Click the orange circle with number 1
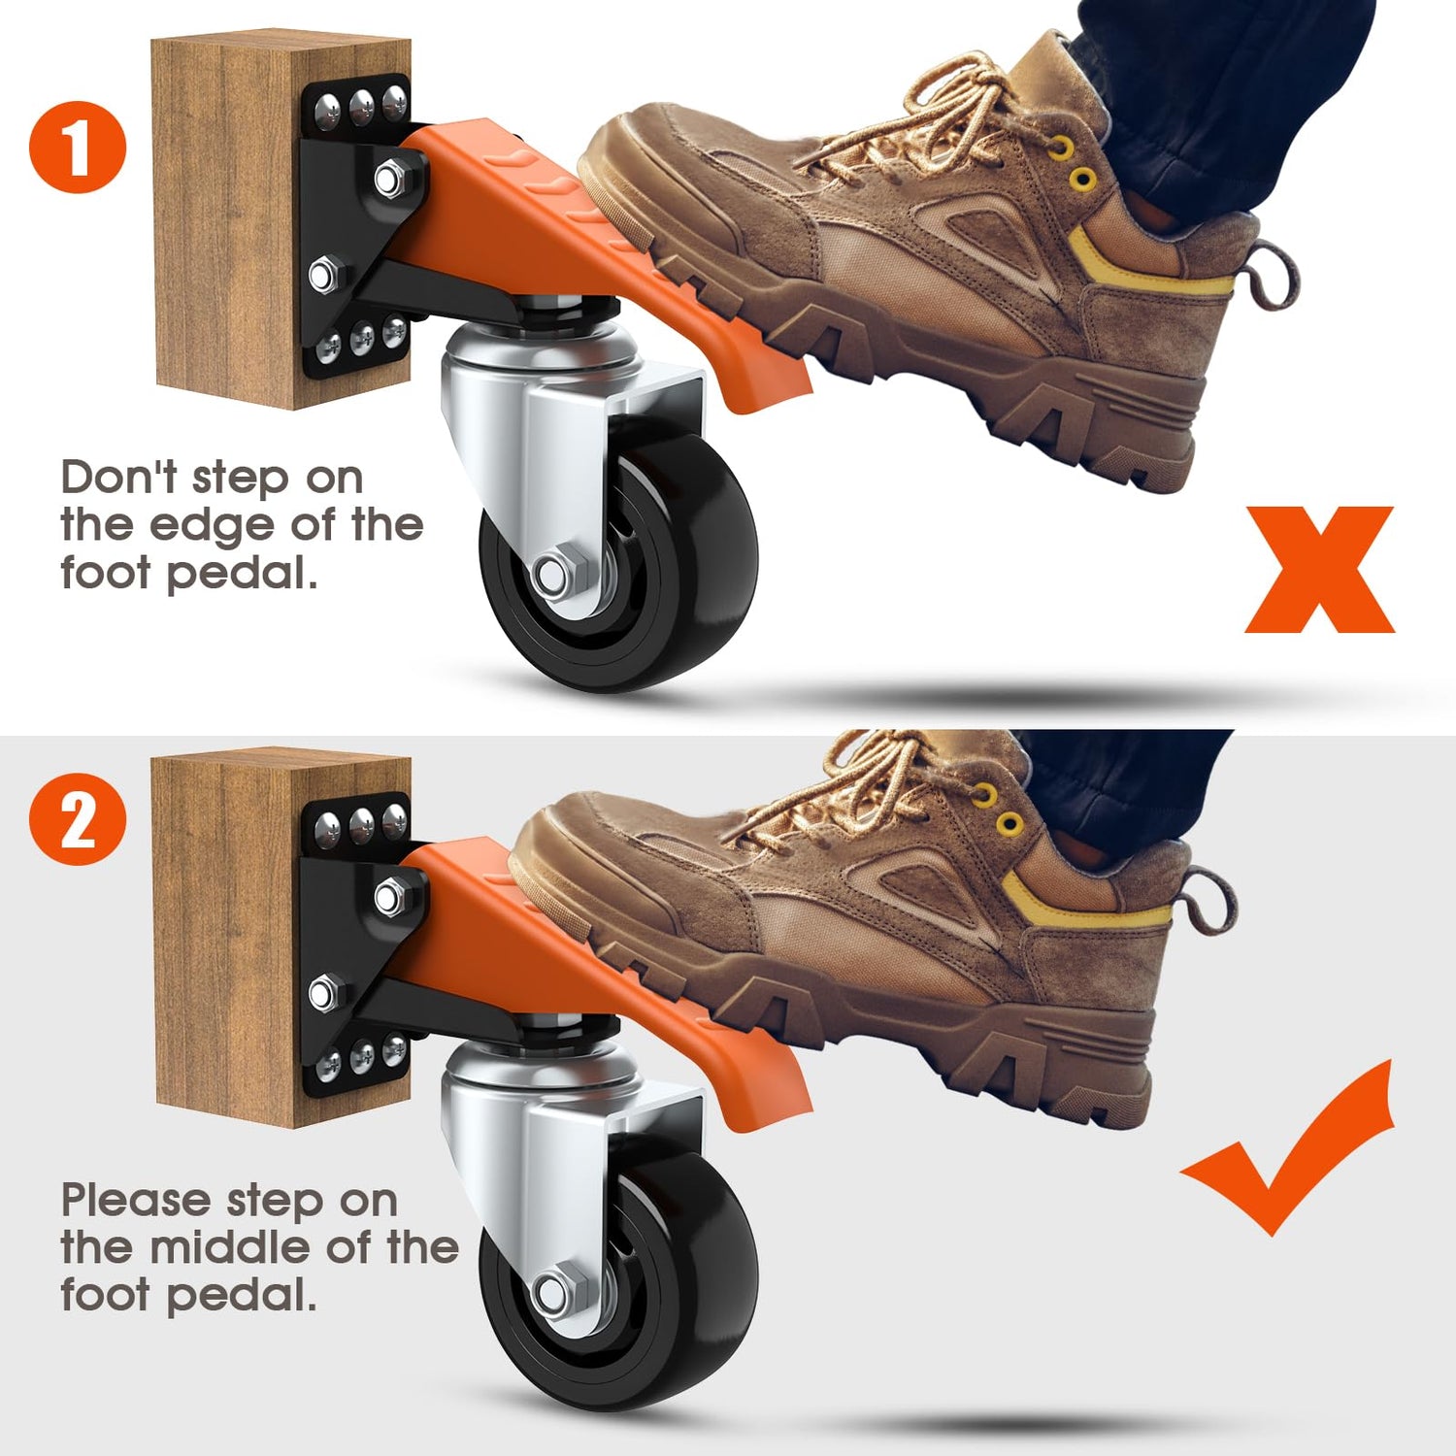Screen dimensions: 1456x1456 pyautogui.click(x=78, y=148)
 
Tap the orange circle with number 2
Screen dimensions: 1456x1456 pyautogui.click(x=78, y=819)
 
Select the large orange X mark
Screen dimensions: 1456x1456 pyautogui.click(x=1320, y=570)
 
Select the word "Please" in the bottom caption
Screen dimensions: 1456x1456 pyautogui.click(x=137, y=1200)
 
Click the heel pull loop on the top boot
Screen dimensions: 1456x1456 pyautogui.click(x=1274, y=276)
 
